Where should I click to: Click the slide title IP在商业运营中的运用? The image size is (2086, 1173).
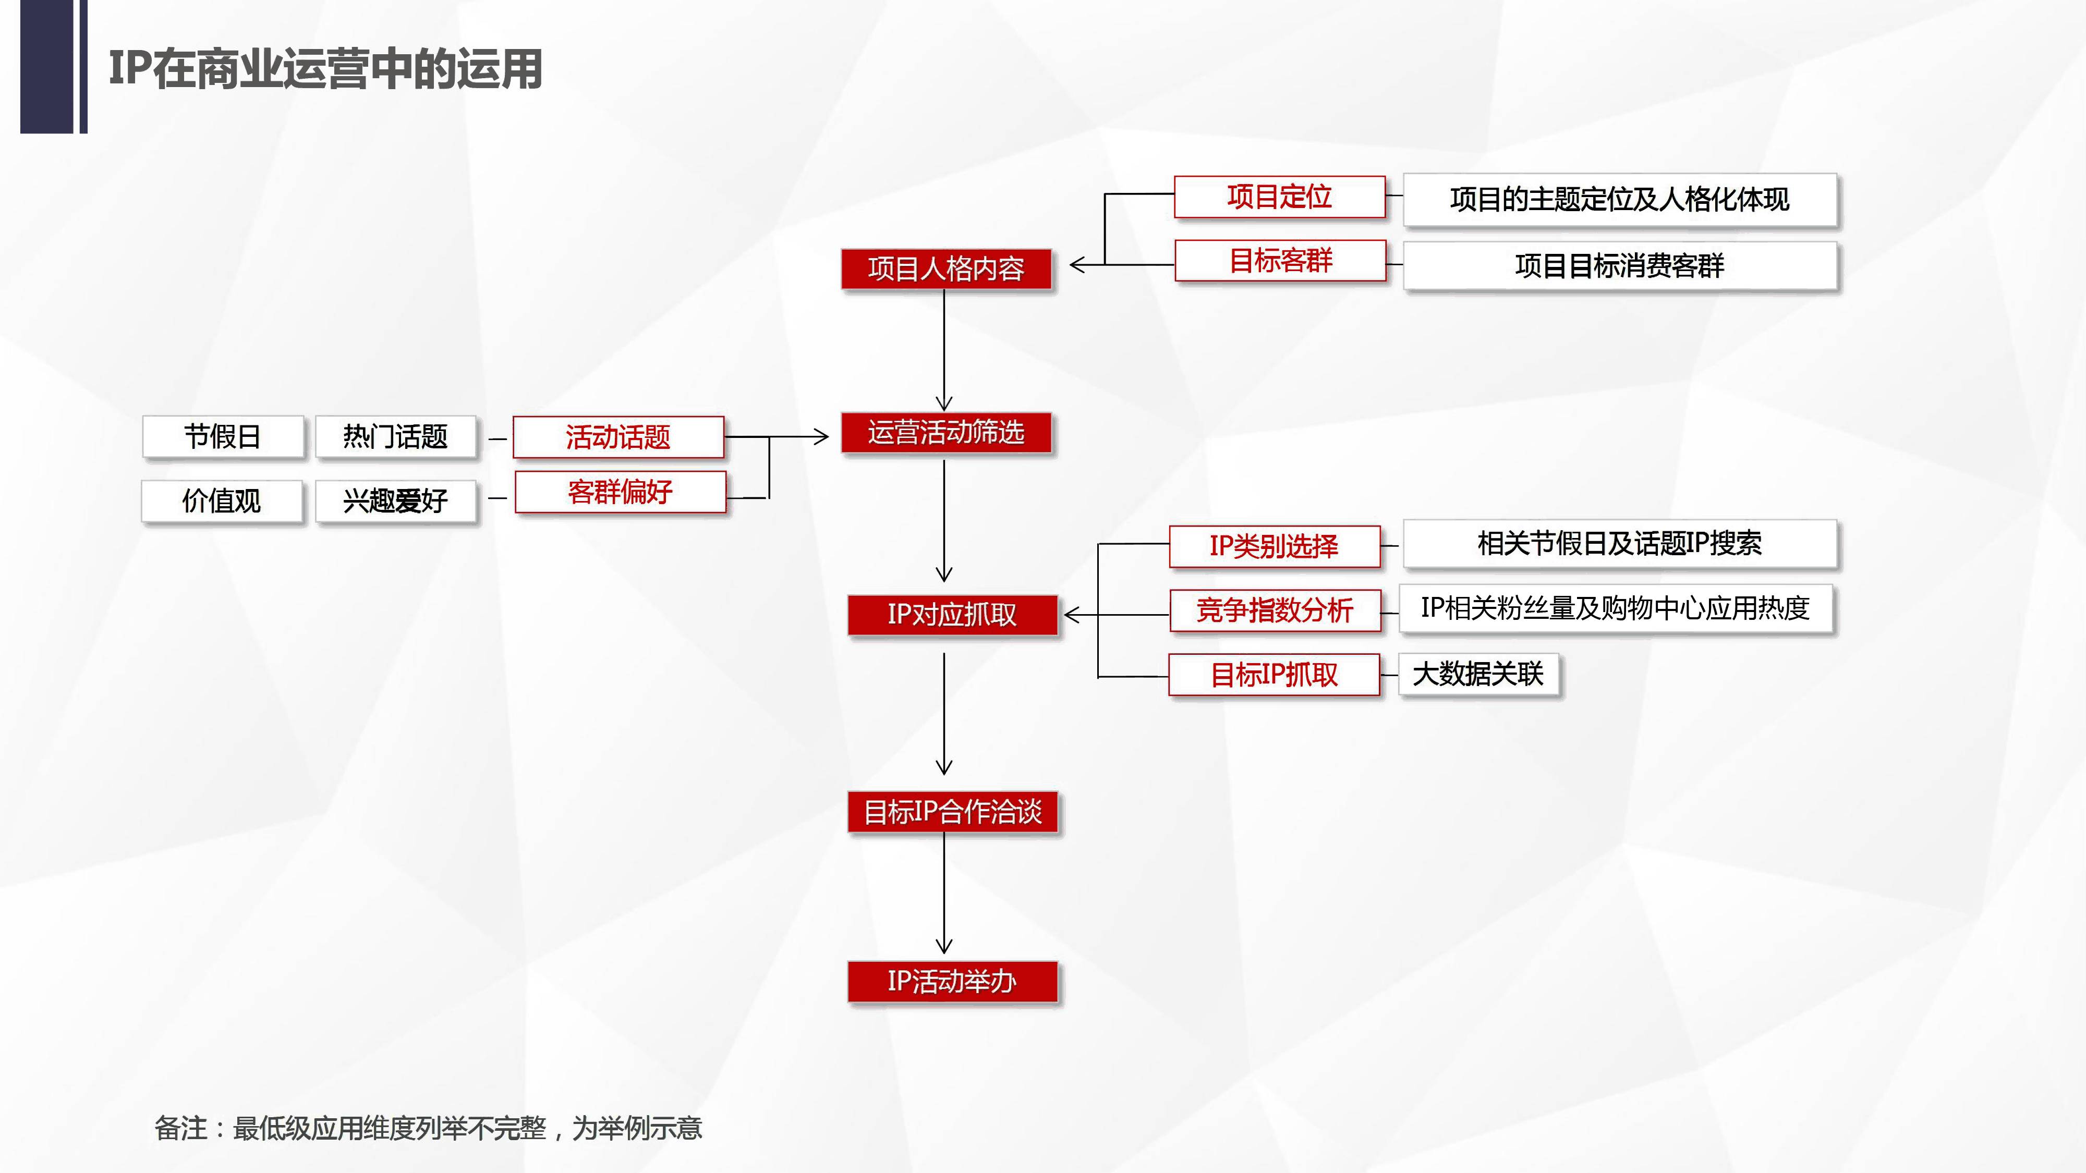point(325,69)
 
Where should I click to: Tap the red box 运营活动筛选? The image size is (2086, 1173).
point(946,432)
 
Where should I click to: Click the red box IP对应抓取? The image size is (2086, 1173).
point(952,615)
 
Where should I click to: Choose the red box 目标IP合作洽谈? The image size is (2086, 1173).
point(952,811)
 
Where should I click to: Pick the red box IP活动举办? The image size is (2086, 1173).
point(952,981)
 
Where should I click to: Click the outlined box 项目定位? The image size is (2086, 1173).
point(1279,197)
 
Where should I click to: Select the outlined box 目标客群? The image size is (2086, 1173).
point(1280,261)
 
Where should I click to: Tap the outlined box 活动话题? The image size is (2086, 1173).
point(618,437)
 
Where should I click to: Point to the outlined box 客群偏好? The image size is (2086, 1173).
point(620,492)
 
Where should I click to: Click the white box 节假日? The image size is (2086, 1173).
point(223,437)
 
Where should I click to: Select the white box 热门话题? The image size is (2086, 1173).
point(395,437)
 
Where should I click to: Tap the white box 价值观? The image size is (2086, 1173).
point(222,501)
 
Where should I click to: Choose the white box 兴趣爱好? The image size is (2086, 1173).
point(395,501)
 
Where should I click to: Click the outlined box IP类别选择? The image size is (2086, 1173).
point(1274,546)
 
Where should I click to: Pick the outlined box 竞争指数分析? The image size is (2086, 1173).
point(1275,609)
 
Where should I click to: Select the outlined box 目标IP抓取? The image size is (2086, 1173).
point(1274,674)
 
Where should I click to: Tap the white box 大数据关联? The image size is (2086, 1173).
point(1478,674)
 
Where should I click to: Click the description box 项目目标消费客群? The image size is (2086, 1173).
point(1620,265)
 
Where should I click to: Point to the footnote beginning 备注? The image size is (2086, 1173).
point(428,1128)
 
